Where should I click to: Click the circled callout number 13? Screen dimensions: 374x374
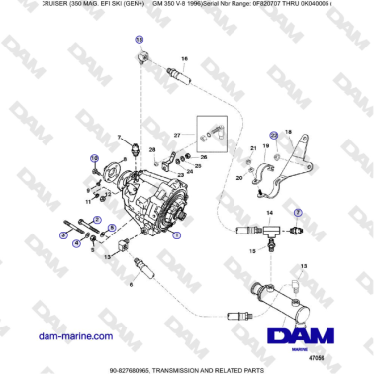140,39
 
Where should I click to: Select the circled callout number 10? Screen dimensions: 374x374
95,158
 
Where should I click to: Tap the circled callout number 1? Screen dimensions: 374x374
177,237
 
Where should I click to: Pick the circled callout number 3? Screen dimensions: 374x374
64,235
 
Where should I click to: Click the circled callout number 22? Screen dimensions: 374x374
274,134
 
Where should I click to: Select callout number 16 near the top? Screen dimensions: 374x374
184,58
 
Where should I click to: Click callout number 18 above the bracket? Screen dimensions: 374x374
289,131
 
